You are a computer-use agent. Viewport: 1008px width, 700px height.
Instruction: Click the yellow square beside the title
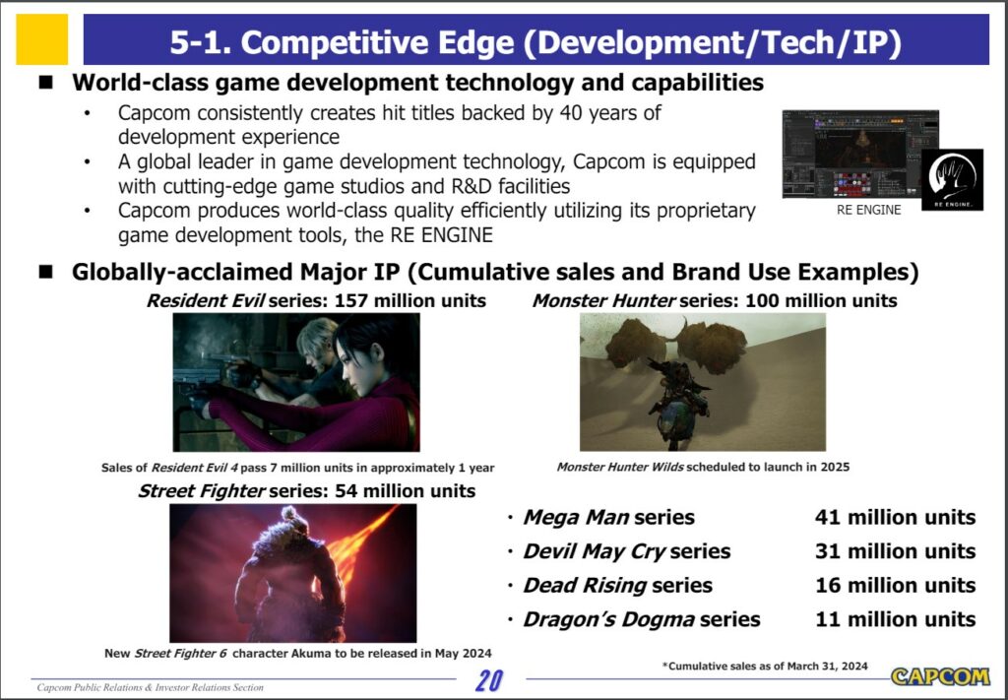(x=41, y=39)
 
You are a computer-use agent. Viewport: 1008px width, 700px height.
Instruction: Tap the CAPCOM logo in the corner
(x=940, y=676)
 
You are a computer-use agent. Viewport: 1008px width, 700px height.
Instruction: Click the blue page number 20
(x=490, y=680)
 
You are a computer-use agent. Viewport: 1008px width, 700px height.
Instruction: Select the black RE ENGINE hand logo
(x=952, y=179)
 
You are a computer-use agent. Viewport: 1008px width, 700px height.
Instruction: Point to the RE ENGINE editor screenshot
(x=860, y=154)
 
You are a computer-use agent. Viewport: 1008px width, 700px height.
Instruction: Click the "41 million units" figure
(x=895, y=517)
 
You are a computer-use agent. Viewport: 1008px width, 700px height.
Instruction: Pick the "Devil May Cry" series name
(x=594, y=551)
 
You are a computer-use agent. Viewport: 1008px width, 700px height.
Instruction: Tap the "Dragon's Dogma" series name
(x=608, y=619)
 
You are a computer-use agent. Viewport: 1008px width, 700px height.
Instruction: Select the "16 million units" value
(x=895, y=585)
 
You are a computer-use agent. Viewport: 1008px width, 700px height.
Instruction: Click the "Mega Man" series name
(x=576, y=517)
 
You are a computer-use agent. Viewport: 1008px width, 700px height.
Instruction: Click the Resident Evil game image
(x=296, y=382)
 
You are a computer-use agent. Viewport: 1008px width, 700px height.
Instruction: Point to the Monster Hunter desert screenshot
(x=703, y=382)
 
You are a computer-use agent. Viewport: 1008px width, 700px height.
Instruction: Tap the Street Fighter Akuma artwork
(x=292, y=573)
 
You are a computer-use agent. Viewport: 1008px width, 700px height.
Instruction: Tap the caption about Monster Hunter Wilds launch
(x=703, y=467)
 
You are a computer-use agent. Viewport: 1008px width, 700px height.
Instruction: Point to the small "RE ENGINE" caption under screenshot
(x=868, y=210)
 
